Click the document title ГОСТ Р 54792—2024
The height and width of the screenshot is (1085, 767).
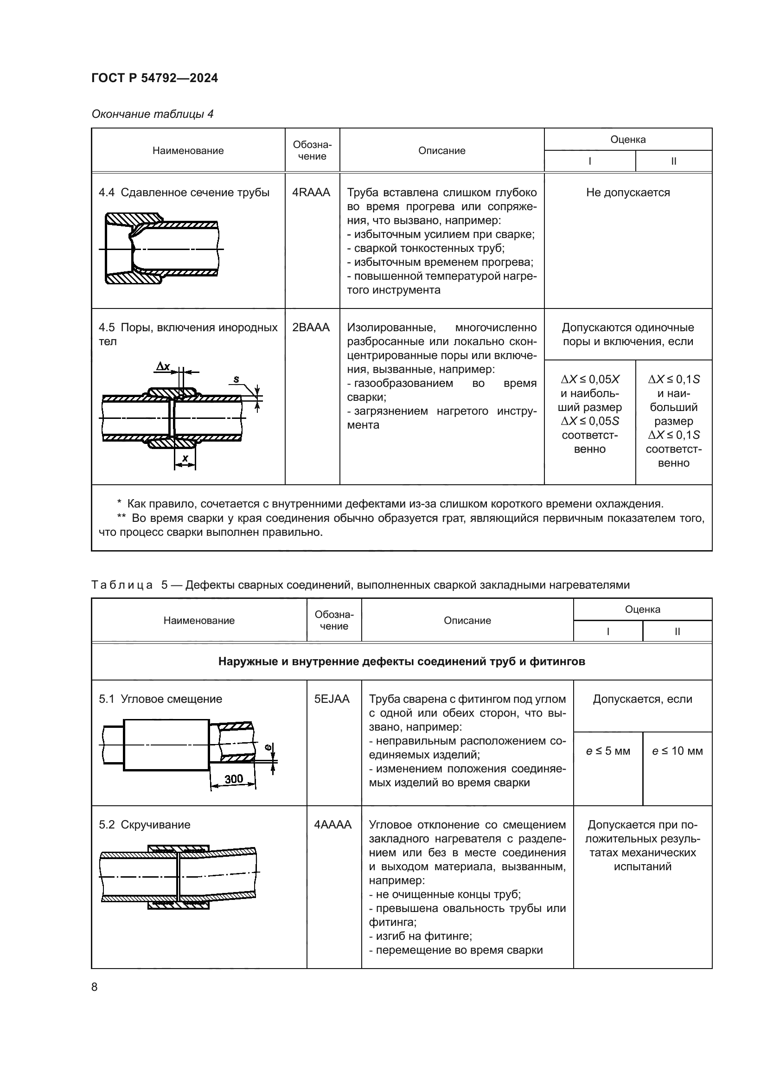[x=154, y=78]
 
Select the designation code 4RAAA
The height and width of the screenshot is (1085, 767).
[x=311, y=193]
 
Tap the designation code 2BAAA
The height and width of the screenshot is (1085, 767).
[x=311, y=327]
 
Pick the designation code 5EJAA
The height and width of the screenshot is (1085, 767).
[x=332, y=699]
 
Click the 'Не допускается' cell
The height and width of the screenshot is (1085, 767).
[x=628, y=193]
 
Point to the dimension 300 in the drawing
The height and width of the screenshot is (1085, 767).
[x=233, y=779]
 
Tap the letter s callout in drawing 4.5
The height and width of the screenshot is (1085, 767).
[x=236, y=379]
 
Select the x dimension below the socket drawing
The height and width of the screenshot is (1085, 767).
[x=185, y=458]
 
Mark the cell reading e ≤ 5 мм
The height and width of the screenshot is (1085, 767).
[x=608, y=751]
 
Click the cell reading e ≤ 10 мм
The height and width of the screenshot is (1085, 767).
[x=677, y=751]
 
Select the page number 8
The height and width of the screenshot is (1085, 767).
[x=95, y=987]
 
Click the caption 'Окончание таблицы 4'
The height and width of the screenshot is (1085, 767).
[x=153, y=114]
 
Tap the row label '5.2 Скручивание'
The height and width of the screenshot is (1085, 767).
[x=145, y=825]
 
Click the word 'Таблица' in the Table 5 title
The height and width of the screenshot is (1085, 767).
[x=122, y=585]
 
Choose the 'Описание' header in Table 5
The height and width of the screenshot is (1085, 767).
[x=467, y=621]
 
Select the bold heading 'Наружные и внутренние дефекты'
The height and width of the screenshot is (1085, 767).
[x=402, y=661]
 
